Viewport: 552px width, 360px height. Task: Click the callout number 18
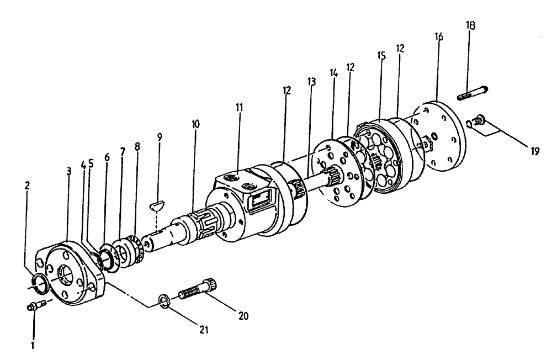click(471, 25)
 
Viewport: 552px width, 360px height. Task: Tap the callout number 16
click(438, 36)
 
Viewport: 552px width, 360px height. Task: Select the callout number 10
click(195, 124)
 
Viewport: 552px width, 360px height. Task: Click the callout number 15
click(380, 56)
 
